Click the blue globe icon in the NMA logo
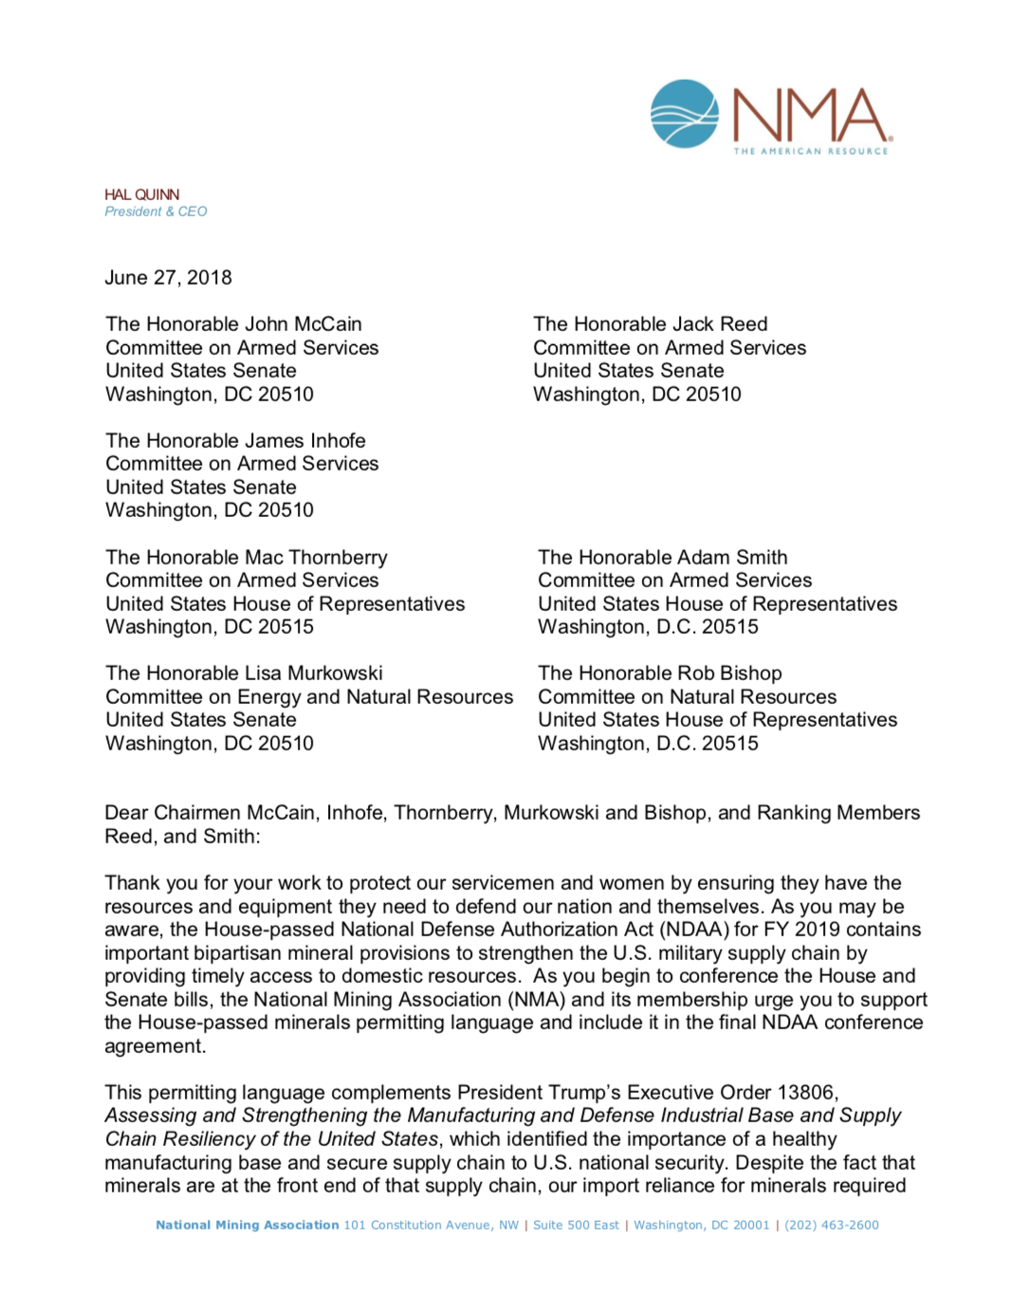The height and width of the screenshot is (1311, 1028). (x=685, y=114)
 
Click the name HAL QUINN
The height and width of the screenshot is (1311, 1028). (x=141, y=194)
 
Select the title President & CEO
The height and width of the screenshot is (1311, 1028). (x=156, y=212)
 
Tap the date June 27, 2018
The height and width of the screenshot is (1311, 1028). (x=168, y=278)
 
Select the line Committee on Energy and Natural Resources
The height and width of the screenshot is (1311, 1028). (x=309, y=697)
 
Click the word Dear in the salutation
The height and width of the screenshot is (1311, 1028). (x=126, y=813)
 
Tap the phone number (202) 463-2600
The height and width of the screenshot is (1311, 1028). (x=831, y=1226)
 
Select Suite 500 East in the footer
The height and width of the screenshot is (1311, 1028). (x=576, y=1226)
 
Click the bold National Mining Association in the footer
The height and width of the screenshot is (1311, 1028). (x=247, y=1226)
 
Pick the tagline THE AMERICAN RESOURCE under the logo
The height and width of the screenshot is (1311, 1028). (x=811, y=151)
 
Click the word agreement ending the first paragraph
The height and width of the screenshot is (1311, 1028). (x=155, y=1046)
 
